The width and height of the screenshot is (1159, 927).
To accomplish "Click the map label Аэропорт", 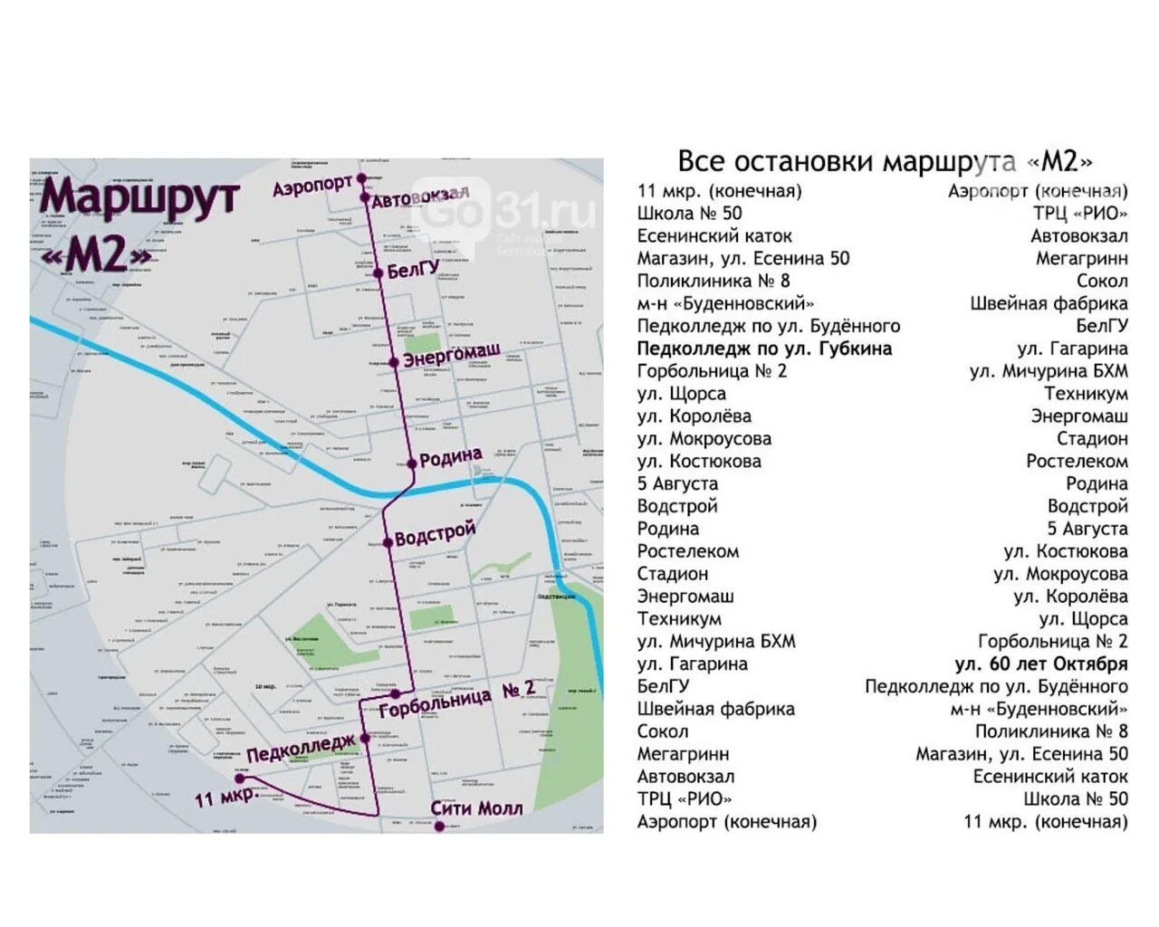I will (x=312, y=186).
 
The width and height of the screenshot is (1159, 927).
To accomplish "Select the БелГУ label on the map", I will (x=413, y=269).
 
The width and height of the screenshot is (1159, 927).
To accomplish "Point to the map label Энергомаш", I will (x=451, y=356).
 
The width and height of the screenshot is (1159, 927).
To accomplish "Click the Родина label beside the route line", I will (x=450, y=458).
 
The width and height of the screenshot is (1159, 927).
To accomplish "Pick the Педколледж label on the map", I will (x=301, y=749).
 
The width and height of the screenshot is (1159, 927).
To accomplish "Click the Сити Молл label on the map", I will (x=476, y=808).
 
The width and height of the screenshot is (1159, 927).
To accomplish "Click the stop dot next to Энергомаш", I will (x=394, y=362).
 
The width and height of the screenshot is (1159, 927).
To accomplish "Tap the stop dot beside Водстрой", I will (x=388, y=542).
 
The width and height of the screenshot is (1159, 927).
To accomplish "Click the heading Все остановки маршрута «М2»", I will (x=885, y=161).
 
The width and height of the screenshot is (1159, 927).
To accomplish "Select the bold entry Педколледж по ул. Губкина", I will (x=764, y=349).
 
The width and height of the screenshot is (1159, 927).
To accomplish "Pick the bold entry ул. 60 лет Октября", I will (x=1041, y=664).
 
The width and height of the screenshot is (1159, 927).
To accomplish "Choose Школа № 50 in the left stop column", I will (x=689, y=214).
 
